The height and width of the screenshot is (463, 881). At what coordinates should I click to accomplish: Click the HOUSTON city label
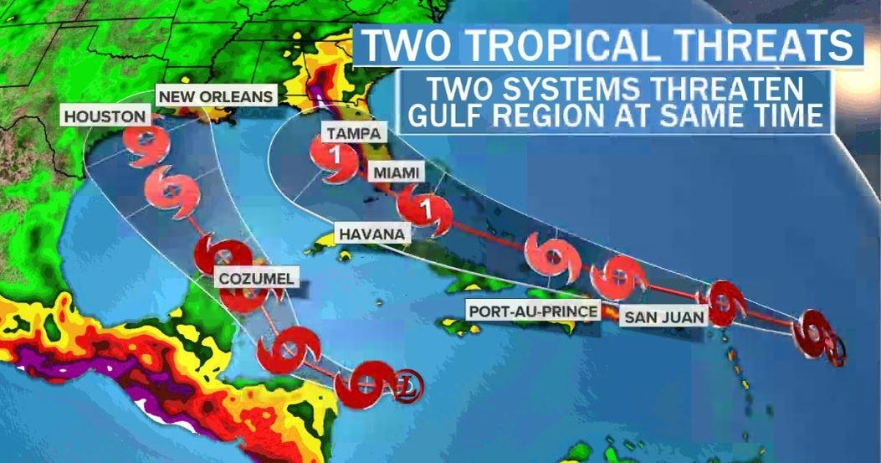tap(105, 117)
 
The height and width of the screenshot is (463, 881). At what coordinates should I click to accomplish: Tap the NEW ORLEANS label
tap(216, 96)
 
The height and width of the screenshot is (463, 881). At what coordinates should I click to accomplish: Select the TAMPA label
tap(354, 134)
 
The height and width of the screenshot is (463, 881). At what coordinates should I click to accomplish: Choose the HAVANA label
tap(372, 234)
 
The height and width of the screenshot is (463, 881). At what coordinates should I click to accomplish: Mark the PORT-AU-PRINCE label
tap(533, 311)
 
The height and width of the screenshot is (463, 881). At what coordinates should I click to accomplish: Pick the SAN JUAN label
tap(663, 316)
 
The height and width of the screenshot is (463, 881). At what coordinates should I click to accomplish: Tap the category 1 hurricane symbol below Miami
tap(426, 208)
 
